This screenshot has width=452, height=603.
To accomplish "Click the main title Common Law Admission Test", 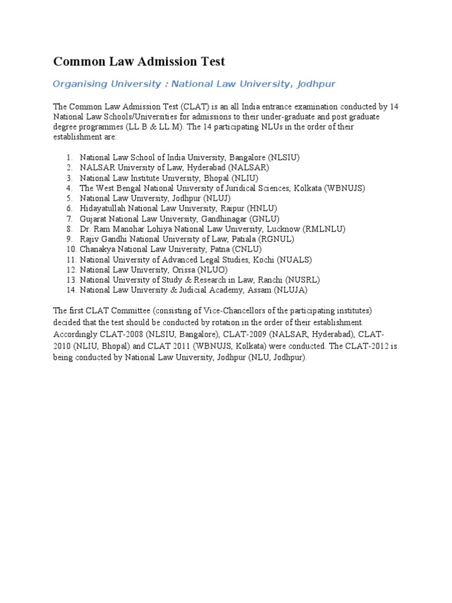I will coord(139,61).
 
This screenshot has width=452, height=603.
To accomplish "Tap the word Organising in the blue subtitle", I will coord(77,84).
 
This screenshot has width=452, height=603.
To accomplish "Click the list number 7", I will coord(69,218).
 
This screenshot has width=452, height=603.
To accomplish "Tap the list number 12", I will coord(71,270).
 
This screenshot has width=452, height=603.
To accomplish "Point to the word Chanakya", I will coord(98,249).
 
